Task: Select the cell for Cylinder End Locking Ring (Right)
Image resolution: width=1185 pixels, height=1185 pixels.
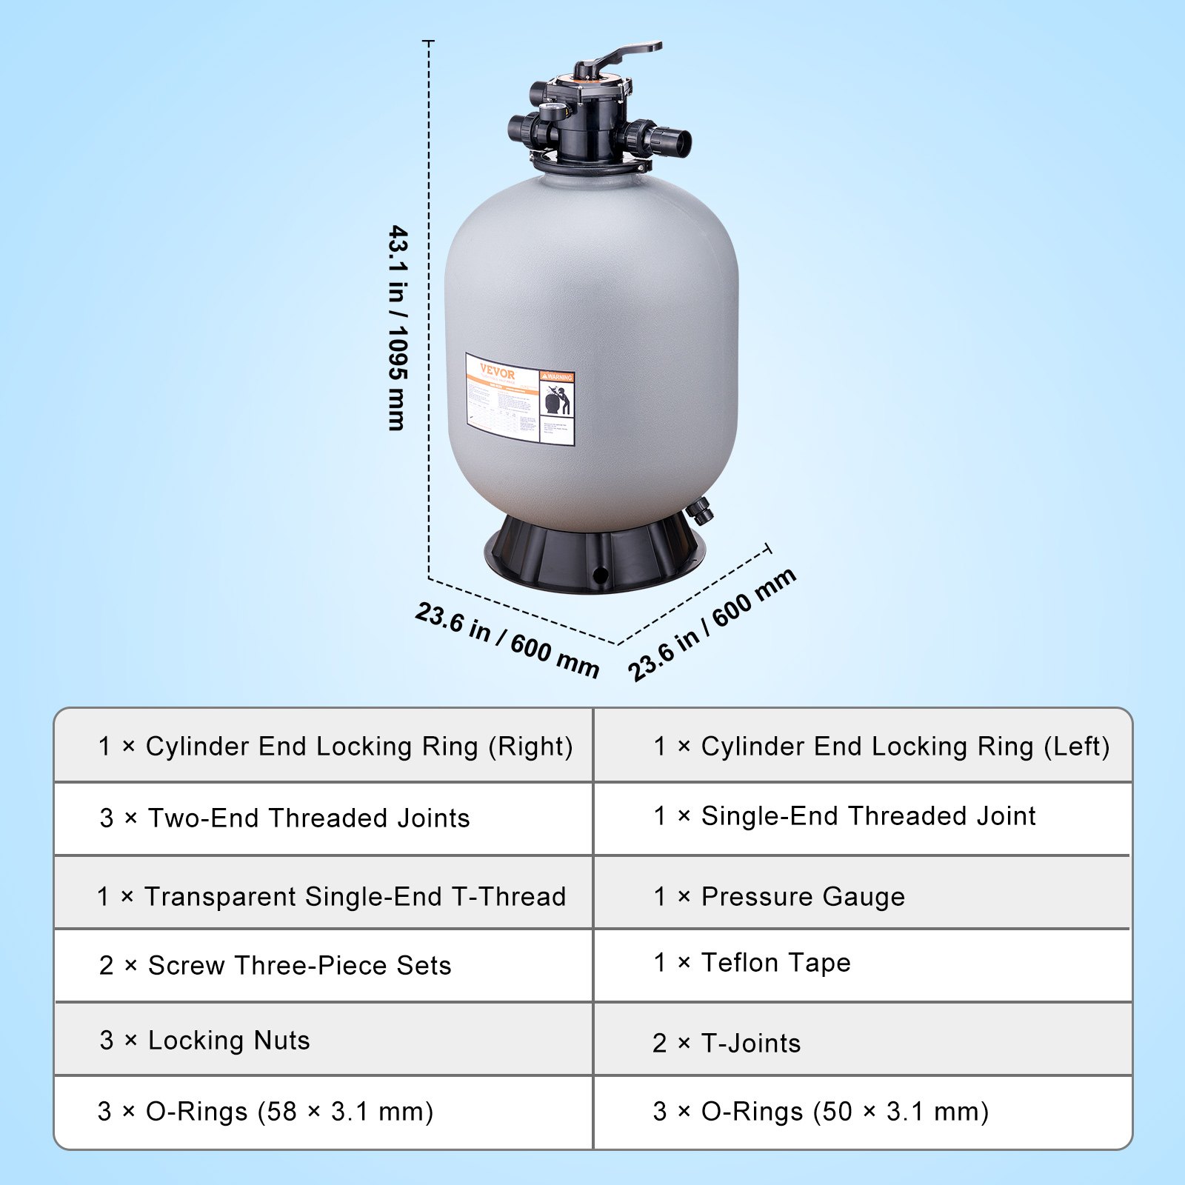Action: [336, 747]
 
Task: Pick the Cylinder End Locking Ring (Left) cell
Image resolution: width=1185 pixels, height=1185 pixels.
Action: [881, 747]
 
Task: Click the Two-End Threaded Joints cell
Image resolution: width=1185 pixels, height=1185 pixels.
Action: [285, 818]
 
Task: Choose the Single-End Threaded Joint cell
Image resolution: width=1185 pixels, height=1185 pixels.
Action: [844, 816]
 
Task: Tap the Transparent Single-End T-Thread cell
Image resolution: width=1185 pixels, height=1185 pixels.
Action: [331, 897]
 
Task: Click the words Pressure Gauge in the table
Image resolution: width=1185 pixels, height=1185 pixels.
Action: [803, 897]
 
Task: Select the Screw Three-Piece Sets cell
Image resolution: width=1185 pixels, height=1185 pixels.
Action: [276, 966]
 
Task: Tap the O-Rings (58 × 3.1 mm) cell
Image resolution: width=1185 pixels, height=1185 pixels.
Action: [265, 1112]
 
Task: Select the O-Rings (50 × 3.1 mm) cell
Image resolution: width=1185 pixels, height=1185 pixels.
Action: [821, 1112]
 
